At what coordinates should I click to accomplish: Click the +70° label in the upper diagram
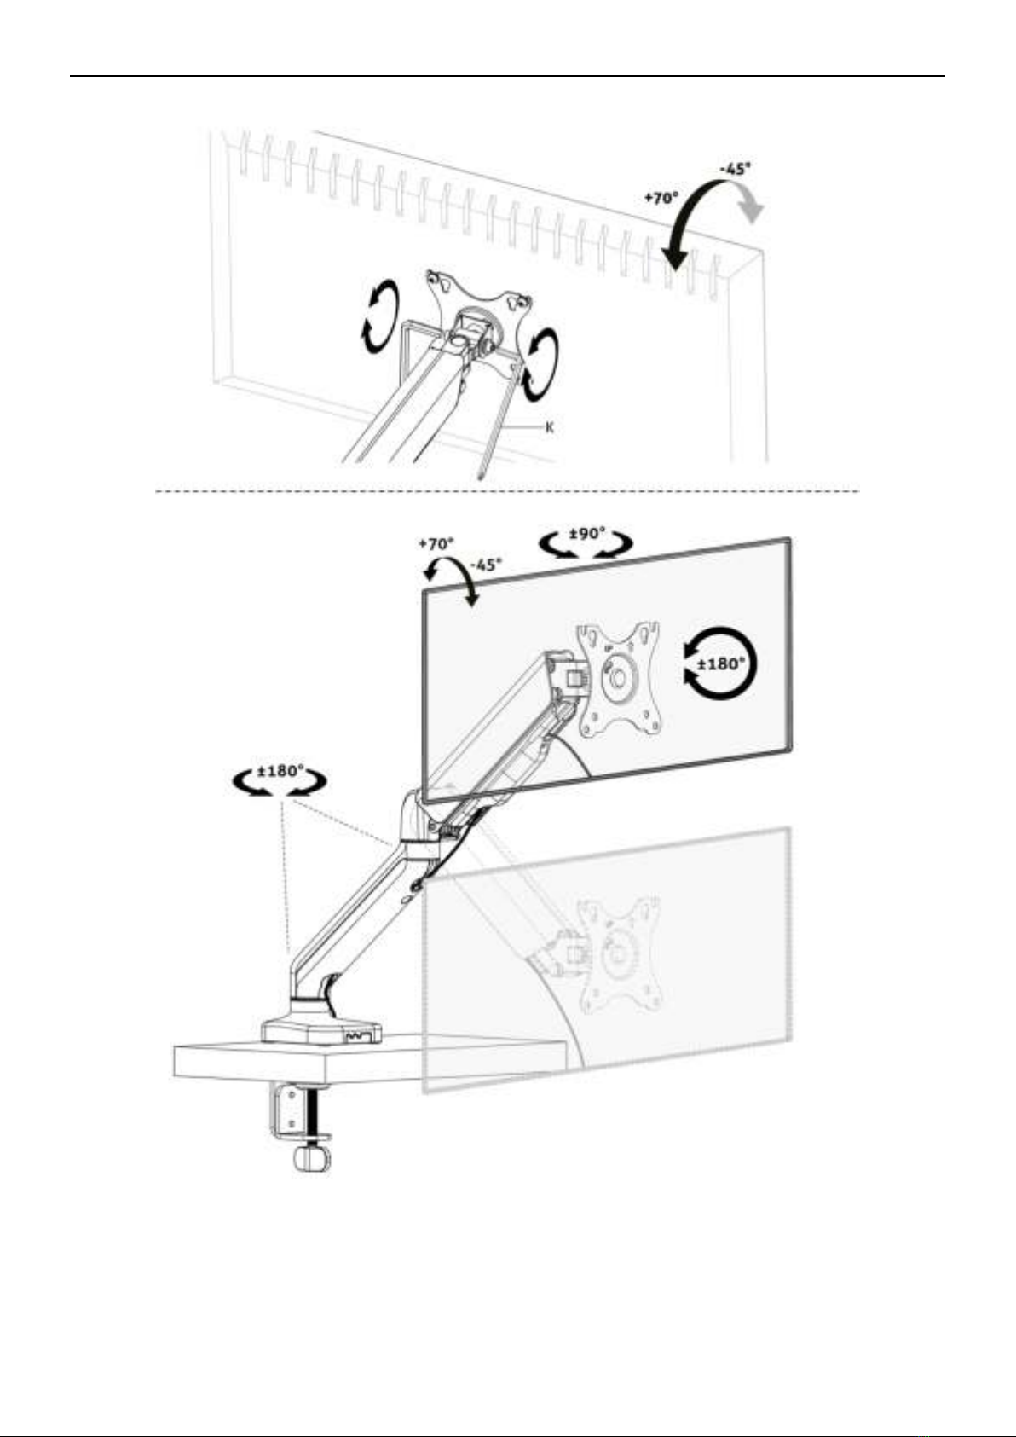click(x=661, y=198)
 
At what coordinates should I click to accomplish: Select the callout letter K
click(x=550, y=427)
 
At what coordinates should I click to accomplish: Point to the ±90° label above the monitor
click(x=588, y=534)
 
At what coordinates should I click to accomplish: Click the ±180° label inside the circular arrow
click(x=722, y=663)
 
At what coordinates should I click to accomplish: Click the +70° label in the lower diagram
click(x=436, y=543)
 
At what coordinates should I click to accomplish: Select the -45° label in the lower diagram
click(x=486, y=565)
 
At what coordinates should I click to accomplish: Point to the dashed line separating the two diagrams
click(x=507, y=492)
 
